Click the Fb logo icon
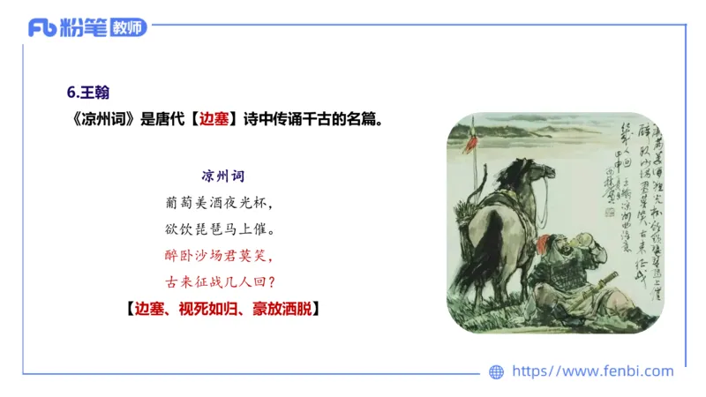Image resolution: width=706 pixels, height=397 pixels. [42, 27]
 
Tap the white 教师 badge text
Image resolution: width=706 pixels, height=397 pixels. [128, 27]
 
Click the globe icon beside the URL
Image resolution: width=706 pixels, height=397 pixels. [496, 372]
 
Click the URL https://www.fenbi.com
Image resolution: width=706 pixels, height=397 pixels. [593, 371]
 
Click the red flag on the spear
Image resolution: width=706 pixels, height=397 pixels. [472, 140]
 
